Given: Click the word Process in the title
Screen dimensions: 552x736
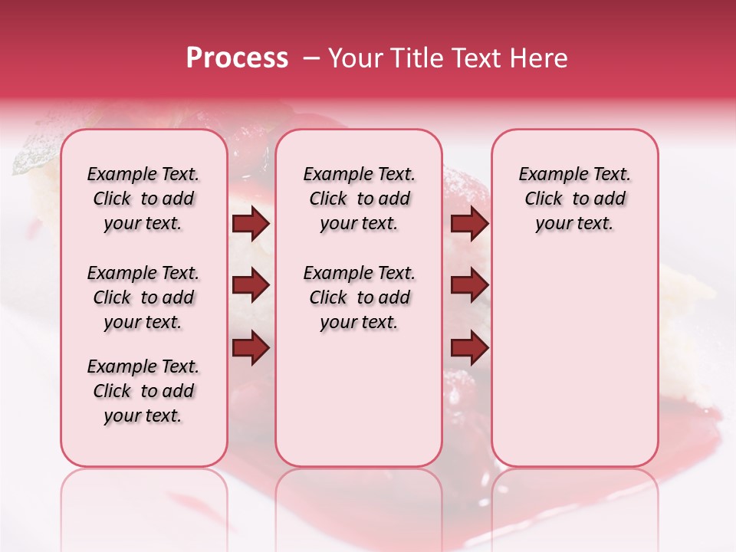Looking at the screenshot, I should (237, 58).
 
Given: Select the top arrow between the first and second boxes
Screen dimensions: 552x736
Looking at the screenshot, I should (251, 224).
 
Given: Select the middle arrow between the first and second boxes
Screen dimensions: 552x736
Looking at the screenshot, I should (251, 286).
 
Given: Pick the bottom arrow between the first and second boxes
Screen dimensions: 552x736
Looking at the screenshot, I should (251, 347).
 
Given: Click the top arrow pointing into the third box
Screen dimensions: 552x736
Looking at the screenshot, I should (469, 224).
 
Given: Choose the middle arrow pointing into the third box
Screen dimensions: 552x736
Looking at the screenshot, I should (469, 286).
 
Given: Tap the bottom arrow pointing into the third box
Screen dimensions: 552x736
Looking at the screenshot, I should (469, 347).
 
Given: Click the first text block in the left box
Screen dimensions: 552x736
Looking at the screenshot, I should (143, 199).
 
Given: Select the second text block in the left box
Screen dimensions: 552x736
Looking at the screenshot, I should (143, 297).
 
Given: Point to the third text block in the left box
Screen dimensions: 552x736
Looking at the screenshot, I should (143, 391).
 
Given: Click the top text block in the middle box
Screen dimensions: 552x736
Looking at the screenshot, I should (359, 199).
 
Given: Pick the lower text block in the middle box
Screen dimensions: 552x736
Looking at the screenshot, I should (359, 297).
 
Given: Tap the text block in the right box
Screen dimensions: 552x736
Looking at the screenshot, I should (575, 199).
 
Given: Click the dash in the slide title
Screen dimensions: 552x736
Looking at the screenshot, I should (310, 59).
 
